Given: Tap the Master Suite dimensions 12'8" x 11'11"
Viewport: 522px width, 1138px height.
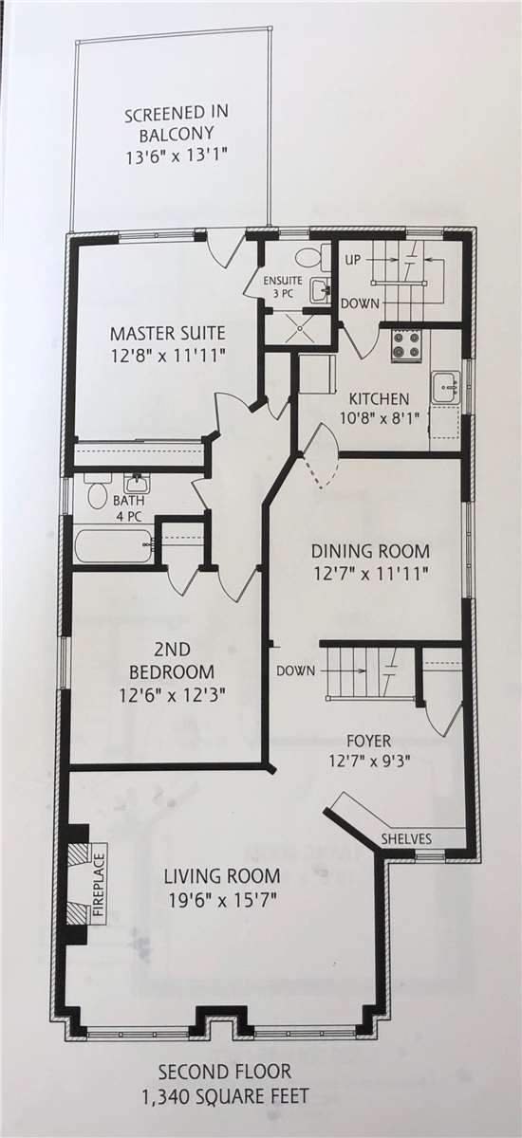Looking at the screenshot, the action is [x=168, y=355].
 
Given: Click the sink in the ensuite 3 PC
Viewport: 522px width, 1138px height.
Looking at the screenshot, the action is [x=319, y=290].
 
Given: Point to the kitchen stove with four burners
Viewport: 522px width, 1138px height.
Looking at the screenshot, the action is [x=406, y=346].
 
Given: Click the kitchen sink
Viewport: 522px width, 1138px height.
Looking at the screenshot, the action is [x=446, y=387].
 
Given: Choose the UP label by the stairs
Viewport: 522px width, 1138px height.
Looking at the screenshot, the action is [x=353, y=260].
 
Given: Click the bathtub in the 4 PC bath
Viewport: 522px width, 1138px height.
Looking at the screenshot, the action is [x=113, y=545].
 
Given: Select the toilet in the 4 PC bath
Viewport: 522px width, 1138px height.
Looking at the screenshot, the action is [x=96, y=492].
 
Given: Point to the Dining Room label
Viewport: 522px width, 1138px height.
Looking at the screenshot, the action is [x=370, y=550].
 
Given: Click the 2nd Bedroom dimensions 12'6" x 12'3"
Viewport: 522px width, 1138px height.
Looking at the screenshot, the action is [x=173, y=694].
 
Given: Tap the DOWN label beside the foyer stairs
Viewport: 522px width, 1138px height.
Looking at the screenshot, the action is [x=296, y=670].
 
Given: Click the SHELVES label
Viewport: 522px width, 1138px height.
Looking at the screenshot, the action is [x=406, y=838].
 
